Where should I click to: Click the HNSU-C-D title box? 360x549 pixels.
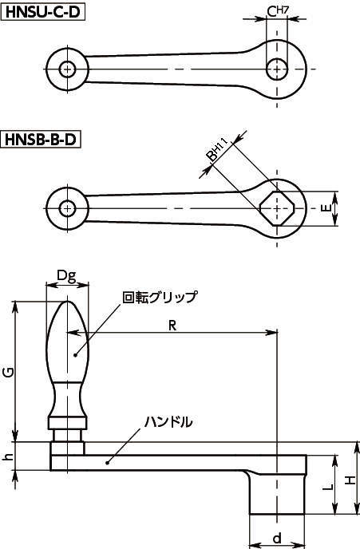pyautogui.click(x=44, y=12)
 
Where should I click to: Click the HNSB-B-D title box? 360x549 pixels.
pyautogui.click(x=41, y=140)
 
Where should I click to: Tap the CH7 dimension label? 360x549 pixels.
pyautogui.click(x=277, y=11)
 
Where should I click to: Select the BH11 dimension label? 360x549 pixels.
pyautogui.click(x=216, y=151)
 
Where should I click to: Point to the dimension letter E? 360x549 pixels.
pyautogui.click(x=326, y=208)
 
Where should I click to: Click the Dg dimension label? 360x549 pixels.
pyautogui.click(x=66, y=276)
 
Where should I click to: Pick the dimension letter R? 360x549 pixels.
pyautogui.click(x=172, y=326)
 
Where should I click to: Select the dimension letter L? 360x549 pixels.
pyautogui.click(x=327, y=487)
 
